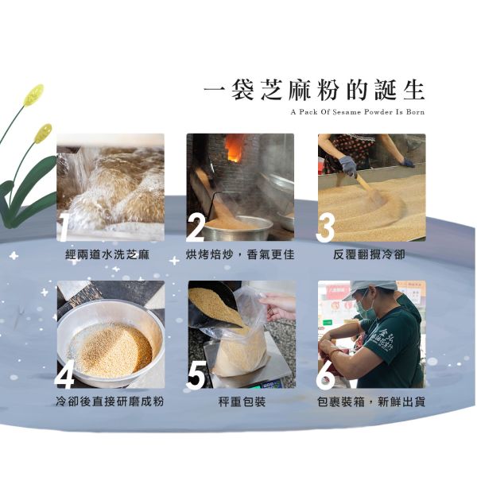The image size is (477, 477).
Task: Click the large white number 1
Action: [x=64, y=227]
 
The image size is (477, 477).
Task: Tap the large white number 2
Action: [x=195, y=227]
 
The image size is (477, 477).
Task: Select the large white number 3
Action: [x=325, y=227]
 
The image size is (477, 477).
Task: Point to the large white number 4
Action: [x=64, y=374]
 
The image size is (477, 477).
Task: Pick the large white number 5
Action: [x=196, y=374]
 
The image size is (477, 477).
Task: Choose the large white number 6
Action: [x=325, y=374]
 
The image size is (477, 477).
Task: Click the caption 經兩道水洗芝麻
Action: [x=107, y=254]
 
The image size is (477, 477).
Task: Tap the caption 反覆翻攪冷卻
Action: [x=369, y=254]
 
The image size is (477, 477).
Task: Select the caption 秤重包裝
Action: [x=242, y=401]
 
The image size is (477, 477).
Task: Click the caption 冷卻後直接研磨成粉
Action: [x=110, y=401]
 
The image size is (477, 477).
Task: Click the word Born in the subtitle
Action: [x=415, y=112]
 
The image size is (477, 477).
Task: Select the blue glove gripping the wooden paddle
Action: [x=349, y=166]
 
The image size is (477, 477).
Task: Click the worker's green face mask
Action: [x=364, y=307]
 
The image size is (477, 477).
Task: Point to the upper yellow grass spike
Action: [x=33, y=95]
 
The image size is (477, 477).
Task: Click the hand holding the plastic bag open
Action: [x=278, y=306]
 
